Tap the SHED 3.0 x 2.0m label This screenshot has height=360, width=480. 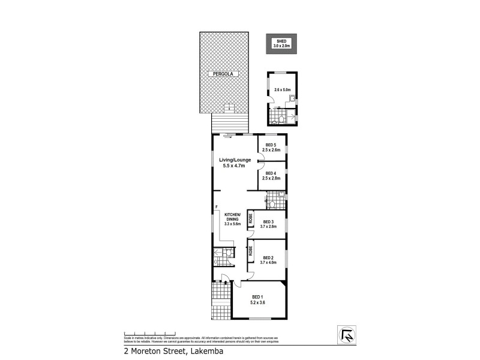[x=281, y=43]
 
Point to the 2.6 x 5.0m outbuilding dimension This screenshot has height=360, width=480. [x=281, y=90]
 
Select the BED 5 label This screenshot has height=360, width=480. [x=271, y=148]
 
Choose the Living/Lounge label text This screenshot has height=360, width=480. [x=236, y=163]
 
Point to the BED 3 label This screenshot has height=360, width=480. [x=268, y=224]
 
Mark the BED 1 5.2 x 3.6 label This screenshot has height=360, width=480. [x=258, y=300]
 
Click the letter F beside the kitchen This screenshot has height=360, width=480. [x=215, y=208]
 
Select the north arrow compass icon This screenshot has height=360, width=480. [x=346, y=334]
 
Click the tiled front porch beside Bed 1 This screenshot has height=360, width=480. [x=221, y=301]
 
